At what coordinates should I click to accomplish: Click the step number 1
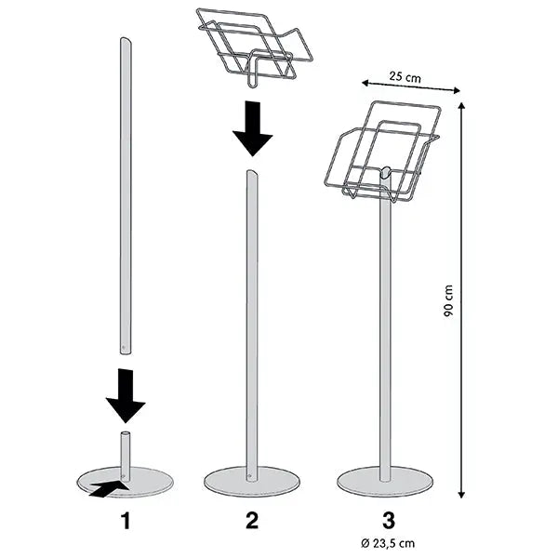coord(126,522)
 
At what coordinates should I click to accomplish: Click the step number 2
coord(252,521)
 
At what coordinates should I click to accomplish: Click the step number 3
coord(388,521)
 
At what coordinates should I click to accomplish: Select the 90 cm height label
coord(448,301)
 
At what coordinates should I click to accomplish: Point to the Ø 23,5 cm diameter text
coord(388,543)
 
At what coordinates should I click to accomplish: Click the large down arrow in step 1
coord(126,396)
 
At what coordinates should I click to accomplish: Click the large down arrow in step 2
coord(253,129)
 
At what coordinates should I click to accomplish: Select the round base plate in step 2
coord(252,482)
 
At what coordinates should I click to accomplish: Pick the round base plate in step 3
coord(385,482)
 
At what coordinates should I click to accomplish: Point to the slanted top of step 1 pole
coord(126,41)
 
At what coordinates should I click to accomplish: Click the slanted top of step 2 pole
coord(252,174)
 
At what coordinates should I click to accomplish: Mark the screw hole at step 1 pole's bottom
coord(123,346)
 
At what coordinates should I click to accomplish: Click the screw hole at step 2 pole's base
coord(249,475)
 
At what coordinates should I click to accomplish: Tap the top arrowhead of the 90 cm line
coord(461,106)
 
